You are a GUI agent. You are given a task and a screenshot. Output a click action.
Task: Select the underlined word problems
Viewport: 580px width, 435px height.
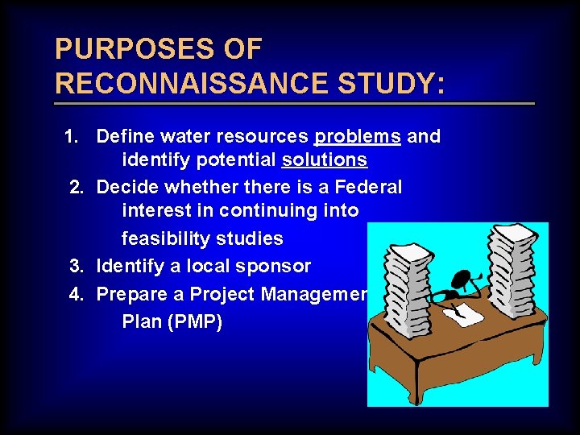point(358,136)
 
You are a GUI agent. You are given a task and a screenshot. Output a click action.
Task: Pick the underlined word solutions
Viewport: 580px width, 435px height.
point(325,160)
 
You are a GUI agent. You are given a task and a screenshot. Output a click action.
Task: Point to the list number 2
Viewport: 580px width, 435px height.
point(77,188)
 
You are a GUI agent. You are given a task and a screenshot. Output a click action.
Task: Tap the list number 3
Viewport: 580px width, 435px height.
point(77,266)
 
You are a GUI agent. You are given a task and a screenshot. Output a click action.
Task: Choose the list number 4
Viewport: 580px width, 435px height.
point(77,294)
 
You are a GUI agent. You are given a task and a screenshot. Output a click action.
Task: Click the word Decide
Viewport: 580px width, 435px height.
point(125,188)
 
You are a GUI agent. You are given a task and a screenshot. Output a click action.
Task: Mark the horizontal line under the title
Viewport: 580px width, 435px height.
point(294,104)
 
